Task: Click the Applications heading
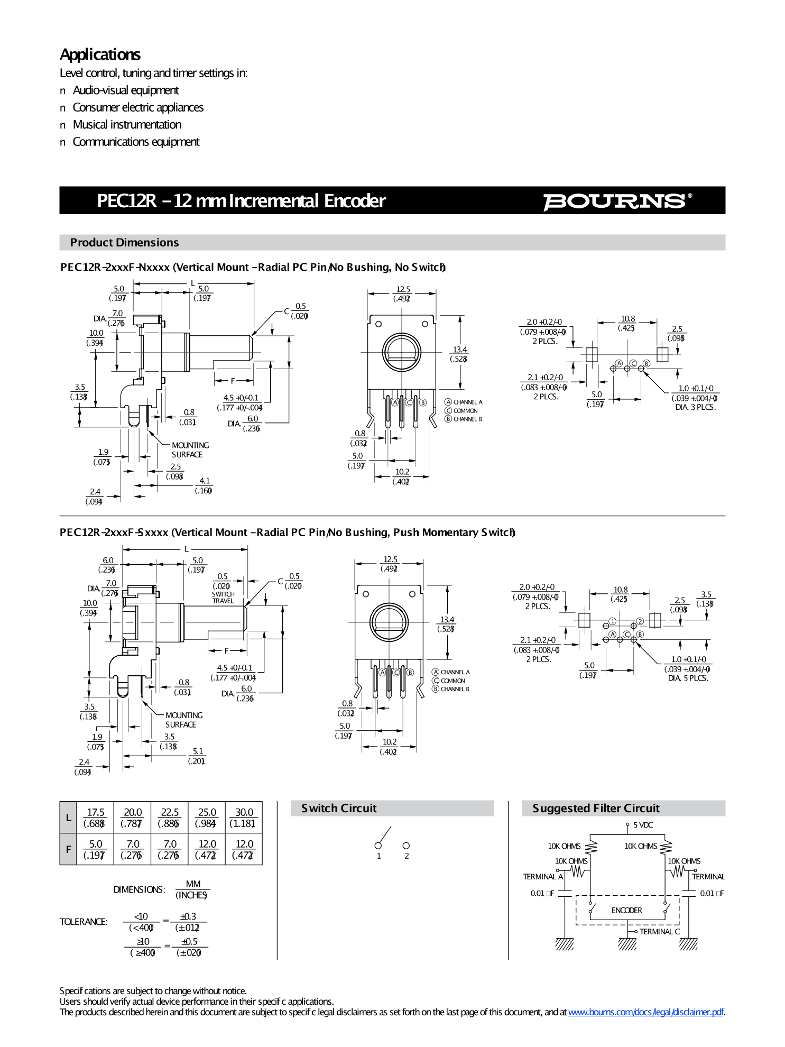(100, 54)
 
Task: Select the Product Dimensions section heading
(124, 243)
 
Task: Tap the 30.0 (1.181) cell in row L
(244, 818)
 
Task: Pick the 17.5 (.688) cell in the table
(95, 818)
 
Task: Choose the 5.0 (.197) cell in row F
(95, 849)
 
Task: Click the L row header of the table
(68, 818)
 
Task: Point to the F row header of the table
(68, 849)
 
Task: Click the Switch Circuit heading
(339, 808)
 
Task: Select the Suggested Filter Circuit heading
(596, 808)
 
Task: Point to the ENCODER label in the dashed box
(627, 910)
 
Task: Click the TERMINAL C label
(659, 932)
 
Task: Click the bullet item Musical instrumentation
(127, 125)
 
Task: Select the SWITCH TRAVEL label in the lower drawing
(223, 598)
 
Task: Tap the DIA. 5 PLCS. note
(688, 678)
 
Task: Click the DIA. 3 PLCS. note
(695, 407)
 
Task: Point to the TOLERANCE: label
(84, 922)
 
